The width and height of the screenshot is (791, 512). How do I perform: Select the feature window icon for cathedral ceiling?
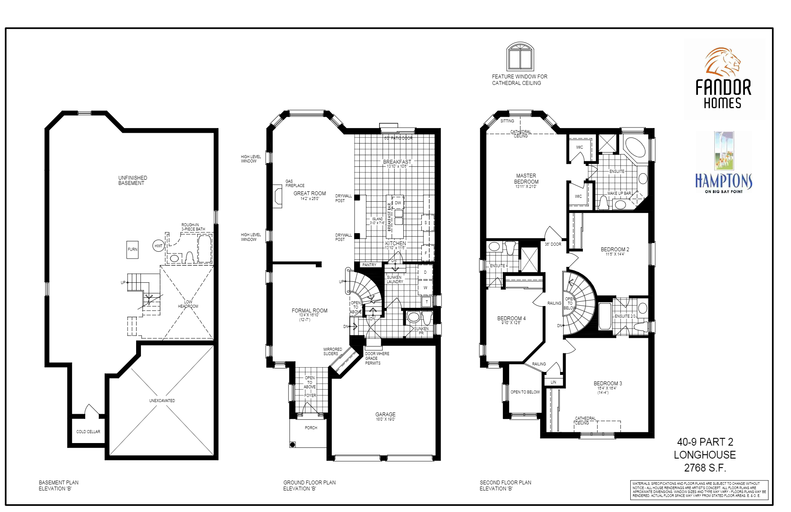[520, 56]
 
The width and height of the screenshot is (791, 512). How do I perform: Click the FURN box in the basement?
[132, 250]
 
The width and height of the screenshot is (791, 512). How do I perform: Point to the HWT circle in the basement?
[159, 246]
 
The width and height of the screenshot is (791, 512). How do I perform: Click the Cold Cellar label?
[88, 431]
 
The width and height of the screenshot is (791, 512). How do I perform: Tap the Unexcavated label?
[162, 400]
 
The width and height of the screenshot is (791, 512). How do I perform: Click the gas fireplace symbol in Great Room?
[277, 196]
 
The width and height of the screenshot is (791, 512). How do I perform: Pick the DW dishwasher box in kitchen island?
[398, 203]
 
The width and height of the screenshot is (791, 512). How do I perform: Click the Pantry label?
[369, 265]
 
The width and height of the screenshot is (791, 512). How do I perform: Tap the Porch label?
[311, 428]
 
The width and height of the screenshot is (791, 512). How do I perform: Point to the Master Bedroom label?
[526, 179]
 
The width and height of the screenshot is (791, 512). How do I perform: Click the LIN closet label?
[553, 382]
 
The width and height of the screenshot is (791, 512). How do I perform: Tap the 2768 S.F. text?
[705, 468]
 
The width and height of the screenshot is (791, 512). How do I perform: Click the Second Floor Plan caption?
[505, 483]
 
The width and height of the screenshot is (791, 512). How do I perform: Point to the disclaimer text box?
[699, 490]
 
